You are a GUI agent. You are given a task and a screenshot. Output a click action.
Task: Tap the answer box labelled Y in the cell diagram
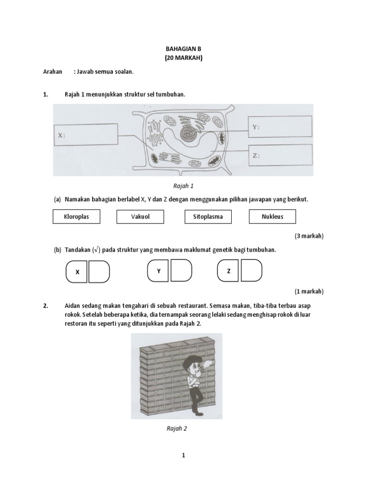coord(280,128)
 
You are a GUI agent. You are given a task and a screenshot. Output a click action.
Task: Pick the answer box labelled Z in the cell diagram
coord(280,156)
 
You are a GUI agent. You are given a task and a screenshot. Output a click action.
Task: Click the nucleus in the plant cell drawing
coord(189,134)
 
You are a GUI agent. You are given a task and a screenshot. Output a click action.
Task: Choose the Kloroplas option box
coord(76,217)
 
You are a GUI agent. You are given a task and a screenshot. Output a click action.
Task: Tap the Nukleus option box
coord(272,217)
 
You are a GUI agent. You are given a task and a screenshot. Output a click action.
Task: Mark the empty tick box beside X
coord(99,272)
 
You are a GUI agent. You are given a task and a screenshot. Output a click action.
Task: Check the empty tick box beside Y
coord(181,271)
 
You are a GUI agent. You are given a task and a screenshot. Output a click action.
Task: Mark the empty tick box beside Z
coord(251,271)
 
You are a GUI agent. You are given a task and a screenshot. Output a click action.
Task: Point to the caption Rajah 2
coord(176,428)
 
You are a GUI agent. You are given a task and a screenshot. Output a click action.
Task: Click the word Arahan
coord(53,71)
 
